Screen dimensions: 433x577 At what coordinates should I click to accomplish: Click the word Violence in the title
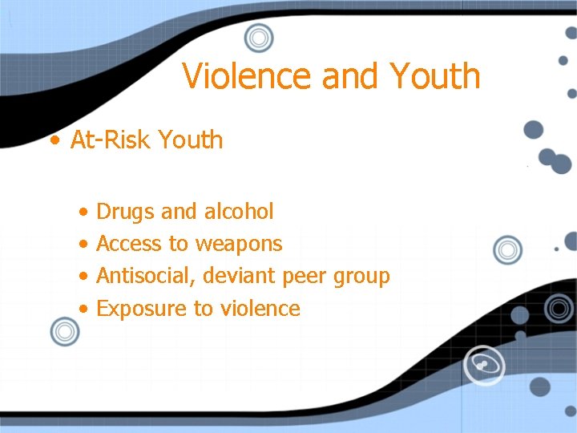(247, 76)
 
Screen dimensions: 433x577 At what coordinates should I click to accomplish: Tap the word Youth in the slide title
(435, 76)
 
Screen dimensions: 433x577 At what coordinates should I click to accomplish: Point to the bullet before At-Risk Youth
(54, 140)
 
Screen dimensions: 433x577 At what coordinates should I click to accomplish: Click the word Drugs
(125, 212)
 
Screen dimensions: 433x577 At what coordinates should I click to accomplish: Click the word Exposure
(141, 309)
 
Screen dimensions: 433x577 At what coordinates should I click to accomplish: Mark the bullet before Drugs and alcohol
(84, 212)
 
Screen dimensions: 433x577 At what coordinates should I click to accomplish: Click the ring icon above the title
(258, 37)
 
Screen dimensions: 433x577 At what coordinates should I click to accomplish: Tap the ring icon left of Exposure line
(64, 330)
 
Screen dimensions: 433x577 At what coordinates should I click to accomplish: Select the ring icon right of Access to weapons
(507, 250)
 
